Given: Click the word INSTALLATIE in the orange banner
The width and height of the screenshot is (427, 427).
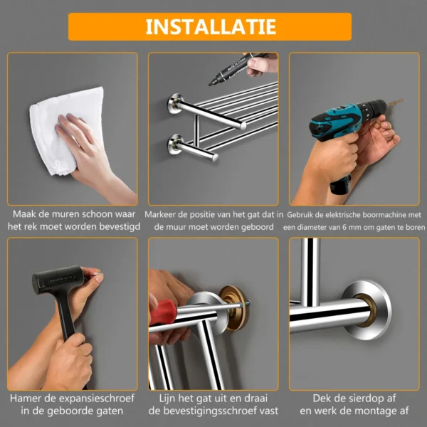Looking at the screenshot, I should pyautogui.click(x=210, y=27).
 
